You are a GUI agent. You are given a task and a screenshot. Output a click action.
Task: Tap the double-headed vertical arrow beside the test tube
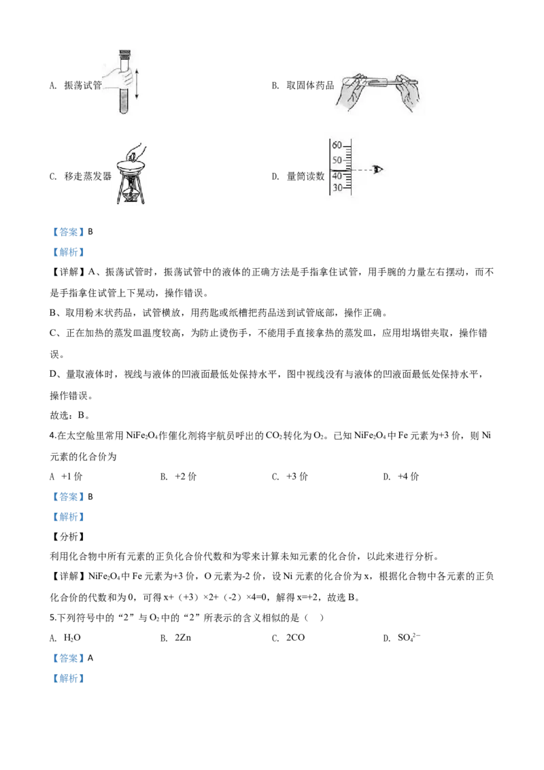[x=137, y=84]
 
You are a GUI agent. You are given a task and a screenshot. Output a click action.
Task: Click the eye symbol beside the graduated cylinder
[x=377, y=169]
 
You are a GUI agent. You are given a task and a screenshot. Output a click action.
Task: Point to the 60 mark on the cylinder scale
[x=337, y=145]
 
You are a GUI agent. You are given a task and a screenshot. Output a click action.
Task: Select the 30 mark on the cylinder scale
[x=337, y=188]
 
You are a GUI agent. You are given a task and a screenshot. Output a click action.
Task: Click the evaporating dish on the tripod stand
[x=131, y=166]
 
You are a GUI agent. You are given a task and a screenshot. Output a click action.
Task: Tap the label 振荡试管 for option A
[x=83, y=86]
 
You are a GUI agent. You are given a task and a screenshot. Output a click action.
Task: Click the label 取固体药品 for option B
[x=310, y=86]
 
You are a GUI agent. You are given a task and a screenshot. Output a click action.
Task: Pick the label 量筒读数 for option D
[x=305, y=176]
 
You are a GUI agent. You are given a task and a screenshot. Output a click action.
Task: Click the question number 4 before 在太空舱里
[x=52, y=435]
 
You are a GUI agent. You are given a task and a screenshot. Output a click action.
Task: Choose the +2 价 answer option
[x=186, y=476]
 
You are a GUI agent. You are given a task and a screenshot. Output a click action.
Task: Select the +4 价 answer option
[x=409, y=476]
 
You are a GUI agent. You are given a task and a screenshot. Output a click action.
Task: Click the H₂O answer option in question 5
[x=72, y=638]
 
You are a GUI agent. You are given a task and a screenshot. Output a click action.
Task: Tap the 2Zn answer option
[x=183, y=638]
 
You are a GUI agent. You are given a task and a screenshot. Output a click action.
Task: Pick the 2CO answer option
[x=296, y=638]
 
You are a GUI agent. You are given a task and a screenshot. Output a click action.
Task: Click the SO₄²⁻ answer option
[x=409, y=637]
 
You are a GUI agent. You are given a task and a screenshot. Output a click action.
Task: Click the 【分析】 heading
[x=69, y=537]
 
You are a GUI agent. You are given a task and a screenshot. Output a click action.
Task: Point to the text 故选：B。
[x=70, y=416]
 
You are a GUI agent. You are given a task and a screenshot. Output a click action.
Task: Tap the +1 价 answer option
[x=71, y=476]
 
